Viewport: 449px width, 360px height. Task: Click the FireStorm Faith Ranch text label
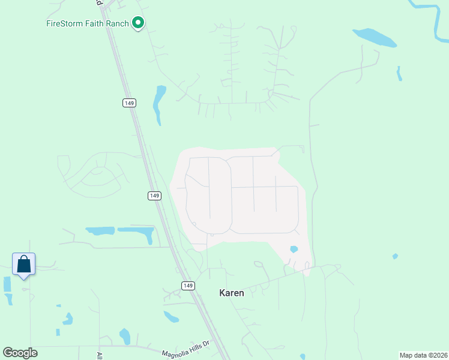coord(88,24)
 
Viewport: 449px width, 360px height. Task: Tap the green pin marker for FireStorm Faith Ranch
coord(138,23)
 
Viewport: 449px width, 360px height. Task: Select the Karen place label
coord(231,293)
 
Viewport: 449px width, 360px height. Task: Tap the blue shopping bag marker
coord(23,265)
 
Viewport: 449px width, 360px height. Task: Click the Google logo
coord(20,353)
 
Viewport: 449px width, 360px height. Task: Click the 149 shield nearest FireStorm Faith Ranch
coord(129,103)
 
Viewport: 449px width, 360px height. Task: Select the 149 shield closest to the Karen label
coord(188,285)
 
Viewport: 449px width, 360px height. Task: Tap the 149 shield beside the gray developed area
coord(154,196)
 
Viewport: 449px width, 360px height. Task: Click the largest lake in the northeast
coord(375,37)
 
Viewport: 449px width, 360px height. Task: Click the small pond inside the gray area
coord(294,249)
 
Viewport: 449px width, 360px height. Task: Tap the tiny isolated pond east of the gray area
coord(394,256)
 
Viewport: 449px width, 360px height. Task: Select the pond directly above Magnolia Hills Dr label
coord(125,336)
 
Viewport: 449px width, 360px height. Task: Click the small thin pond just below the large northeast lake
coord(399,74)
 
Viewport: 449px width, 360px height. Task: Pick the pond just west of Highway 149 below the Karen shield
coord(171,317)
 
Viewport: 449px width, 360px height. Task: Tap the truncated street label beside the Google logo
coord(100,355)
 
